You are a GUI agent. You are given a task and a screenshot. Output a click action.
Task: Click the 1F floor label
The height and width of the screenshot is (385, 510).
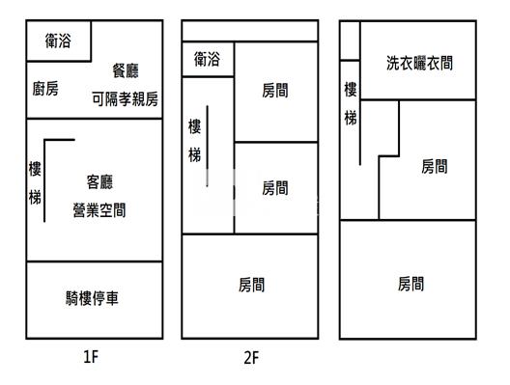(x=91, y=357)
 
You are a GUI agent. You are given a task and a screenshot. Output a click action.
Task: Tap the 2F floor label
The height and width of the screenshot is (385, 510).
(x=250, y=357)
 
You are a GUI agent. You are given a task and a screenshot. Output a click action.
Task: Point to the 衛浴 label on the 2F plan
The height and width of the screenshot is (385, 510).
(x=207, y=59)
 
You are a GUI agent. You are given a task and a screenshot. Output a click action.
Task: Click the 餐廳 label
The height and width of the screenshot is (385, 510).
(x=127, y=69)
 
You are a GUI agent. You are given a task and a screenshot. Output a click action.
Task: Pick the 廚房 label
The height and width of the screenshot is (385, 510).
(x=45, y=89)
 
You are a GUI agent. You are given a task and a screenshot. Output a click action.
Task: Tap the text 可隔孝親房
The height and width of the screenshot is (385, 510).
(x=126, y=97)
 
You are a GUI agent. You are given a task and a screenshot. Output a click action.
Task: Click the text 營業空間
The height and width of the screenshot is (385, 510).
(x=99, y=209)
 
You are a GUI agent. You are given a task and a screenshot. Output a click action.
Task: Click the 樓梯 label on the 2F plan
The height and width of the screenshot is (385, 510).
(x=194, y=141)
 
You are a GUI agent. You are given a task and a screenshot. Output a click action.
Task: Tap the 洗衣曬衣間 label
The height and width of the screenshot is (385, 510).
(x=419, y=63)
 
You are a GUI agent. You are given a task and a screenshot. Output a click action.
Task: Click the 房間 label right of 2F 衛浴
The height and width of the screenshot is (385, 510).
(x=275, y=91)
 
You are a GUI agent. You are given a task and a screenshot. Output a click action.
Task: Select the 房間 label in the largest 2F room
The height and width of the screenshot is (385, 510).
(x=251, y=285)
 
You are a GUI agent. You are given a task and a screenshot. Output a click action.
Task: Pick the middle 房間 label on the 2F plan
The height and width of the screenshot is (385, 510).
(x=275, y=188)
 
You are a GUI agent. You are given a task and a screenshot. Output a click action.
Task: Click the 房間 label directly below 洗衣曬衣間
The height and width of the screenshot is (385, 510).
(x=435, y=166)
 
